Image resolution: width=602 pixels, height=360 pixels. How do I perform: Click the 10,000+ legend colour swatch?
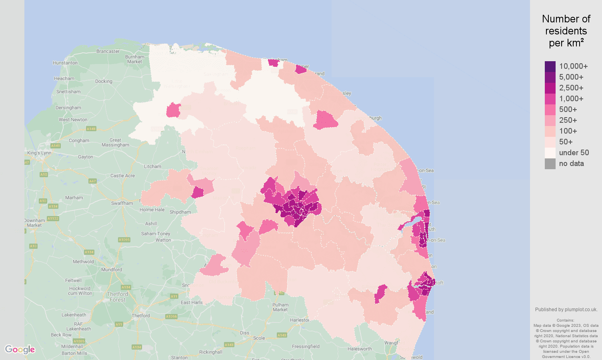click(550, 66)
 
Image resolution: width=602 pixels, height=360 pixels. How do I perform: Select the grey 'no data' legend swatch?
click(550, 164)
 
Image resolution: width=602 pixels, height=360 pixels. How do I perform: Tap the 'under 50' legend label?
click(574, 153)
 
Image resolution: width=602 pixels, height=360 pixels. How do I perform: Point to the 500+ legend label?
click(568, 110)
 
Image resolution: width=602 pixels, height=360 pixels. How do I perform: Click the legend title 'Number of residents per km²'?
click(566, 31)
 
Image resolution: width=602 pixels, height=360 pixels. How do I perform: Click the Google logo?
click(20, 350)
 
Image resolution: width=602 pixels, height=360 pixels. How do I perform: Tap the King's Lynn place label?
click(39, 153)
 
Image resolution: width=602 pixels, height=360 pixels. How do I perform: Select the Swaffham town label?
click(122, 203)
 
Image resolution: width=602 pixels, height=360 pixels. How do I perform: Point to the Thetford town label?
click(141, 316)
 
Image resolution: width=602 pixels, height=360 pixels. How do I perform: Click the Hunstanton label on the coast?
click(65, 63)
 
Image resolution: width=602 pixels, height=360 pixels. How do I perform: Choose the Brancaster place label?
click(108, 51)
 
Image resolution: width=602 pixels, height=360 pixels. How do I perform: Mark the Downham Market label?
click(34, 223)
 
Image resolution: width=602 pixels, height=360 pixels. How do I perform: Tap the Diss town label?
click(244, 333)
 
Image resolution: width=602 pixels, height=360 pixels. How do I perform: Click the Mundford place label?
click(112, 270)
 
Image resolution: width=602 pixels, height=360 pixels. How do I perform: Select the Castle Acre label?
click(122, 176)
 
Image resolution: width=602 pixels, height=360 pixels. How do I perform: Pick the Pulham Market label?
click(280, 307)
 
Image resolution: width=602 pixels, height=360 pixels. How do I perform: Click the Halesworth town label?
click(360, 349)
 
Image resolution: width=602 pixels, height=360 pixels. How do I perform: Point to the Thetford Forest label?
click(118, 297)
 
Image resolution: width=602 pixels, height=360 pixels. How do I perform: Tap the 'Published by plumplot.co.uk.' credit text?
click(566, 310)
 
